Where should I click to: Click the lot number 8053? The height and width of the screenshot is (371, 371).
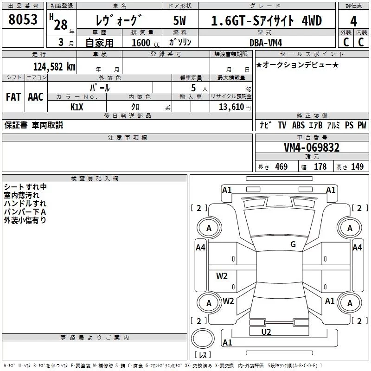coord(23,20)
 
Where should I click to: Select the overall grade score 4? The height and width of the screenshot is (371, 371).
coord(353,21)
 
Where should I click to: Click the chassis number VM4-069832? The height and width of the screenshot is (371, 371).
coord(312,148)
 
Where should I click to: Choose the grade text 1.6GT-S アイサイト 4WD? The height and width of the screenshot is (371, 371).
coord(266,21)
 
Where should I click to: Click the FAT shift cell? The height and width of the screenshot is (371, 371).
coord(13,97)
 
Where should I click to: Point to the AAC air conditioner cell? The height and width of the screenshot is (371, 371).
coord(36,97)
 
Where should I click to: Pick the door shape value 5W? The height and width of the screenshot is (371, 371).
coord(180,21)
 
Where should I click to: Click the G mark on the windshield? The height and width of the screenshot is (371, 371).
coord(293,244)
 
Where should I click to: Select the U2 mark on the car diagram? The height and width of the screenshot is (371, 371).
coord(266,332)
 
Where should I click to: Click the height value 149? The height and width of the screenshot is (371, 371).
coord(357,166)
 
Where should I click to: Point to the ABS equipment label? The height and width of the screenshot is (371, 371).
coord(299,125)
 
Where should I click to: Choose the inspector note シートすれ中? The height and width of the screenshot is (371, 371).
coord(26,187)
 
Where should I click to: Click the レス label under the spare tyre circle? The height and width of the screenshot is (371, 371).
coord(203,355)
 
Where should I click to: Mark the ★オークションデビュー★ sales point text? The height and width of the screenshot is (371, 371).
coord(297,64)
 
